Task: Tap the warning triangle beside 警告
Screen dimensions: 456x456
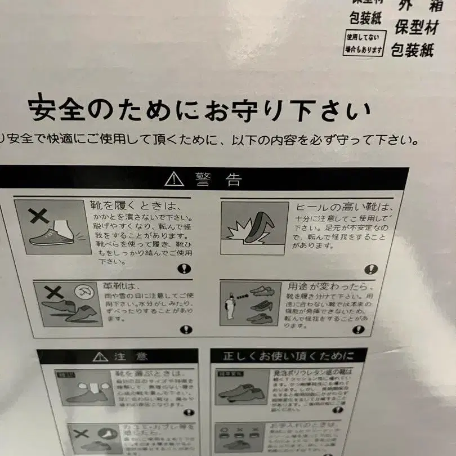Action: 175,179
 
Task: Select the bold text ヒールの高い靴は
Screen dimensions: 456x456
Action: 341,207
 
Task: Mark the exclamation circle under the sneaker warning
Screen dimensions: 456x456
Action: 184,269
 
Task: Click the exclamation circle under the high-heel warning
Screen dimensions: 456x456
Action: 371,269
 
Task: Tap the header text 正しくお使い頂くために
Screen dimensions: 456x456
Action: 289,356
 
